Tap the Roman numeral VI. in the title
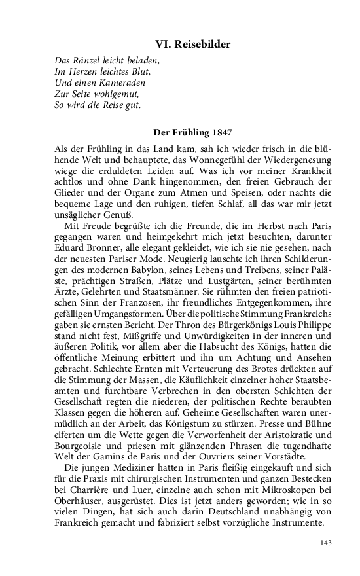coord(162,45)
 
